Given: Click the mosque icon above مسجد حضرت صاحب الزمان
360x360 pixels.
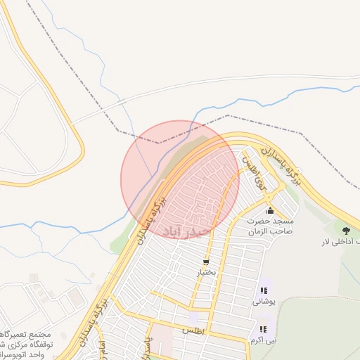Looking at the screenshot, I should point(270,210).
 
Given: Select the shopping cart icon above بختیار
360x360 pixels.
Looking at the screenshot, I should point(205,262).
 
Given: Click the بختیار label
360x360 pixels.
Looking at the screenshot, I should point(205,272).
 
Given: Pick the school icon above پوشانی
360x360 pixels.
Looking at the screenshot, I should point(264,290).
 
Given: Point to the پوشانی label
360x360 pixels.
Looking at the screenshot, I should point(264,301).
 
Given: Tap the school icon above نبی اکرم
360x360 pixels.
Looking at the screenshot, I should point(263,328).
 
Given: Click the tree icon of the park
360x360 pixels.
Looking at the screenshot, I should point(345,230).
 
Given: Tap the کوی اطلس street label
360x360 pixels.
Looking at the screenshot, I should point(251,165).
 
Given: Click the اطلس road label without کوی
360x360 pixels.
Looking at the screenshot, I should point(191,329).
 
